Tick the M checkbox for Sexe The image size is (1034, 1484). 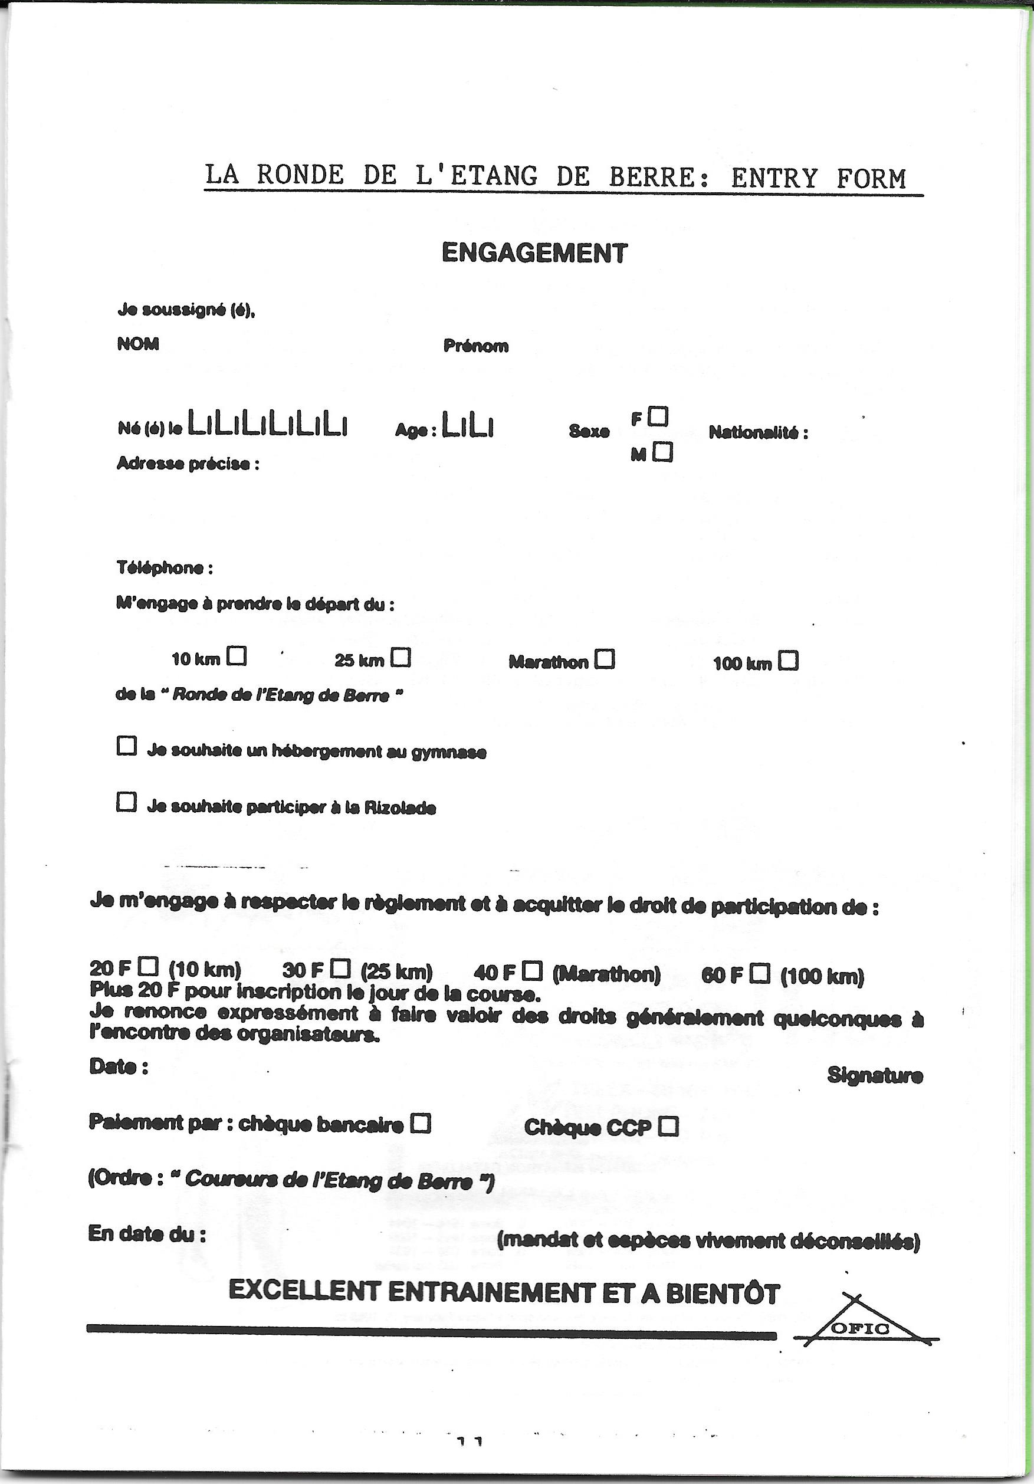(662, 452)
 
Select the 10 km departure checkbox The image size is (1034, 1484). (237, 656)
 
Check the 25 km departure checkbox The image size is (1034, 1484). (401, 657)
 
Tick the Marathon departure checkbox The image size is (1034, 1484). (605, 659)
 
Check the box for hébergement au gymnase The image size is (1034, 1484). (127, 747)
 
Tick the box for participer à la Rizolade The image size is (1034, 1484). (127, 802)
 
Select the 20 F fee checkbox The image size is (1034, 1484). (149, 967)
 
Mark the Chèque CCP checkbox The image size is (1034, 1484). (668, 1126)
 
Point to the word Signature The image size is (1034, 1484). (874, 1075)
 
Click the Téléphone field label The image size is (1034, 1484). (164, 568)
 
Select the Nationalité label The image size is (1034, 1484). (758, 432)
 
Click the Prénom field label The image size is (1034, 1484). (475, 346)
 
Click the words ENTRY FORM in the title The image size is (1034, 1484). (819, 178)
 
